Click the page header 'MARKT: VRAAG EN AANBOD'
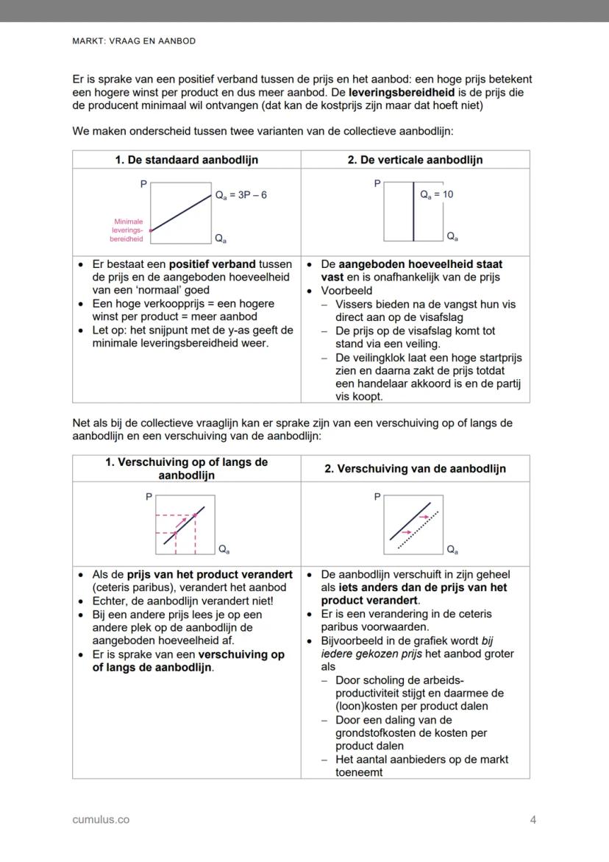coord(134,41)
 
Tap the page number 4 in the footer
coord(533,819)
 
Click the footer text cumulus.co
coord(101,819)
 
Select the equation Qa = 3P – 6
coord(241,195)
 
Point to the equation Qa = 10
coord(436,194)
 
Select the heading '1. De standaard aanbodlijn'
coord(186,160)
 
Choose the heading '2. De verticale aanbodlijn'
coord(415,160)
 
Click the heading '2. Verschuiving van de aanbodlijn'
coord(415,469)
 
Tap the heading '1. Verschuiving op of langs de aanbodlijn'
coord(186,469)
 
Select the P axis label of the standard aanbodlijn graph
coord(143,184)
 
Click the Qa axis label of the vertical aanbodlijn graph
coord(452,236)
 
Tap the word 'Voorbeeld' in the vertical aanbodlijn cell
coord(346,291)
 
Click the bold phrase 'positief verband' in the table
coord(212,264)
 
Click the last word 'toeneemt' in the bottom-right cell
coord(359,772)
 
